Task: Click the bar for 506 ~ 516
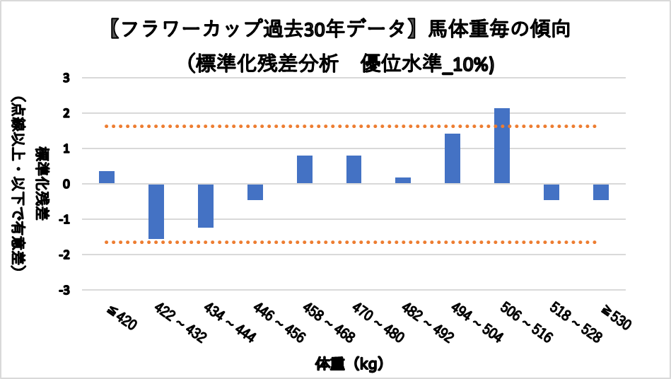(x=502, y=146)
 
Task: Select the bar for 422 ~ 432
(x=156, y=211)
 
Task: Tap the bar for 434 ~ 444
(x=206, y=206)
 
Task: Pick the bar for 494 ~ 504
(x=453, y=158)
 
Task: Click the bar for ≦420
(x=107, y=177)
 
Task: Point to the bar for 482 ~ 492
(x=403, y=180)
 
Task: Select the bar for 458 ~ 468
(x=305, y=170)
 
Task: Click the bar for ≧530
(x=601, y=192)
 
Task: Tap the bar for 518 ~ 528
(x=552, y=192)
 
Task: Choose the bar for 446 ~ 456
(x=255, y=192)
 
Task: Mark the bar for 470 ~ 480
(x=354, y=170)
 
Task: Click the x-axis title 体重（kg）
(x=349, y=365)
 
